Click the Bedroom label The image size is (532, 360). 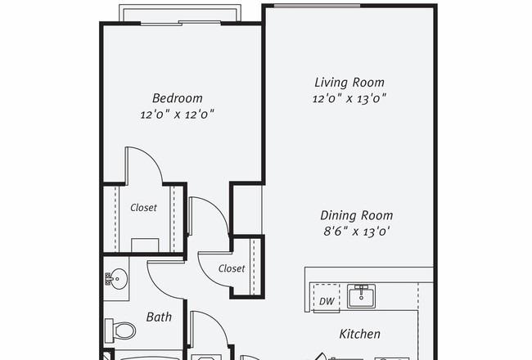tap(177, 98)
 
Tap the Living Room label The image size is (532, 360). tap(349, 83)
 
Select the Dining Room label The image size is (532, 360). tap(357, 215)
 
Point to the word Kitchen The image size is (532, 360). tap(359, 334)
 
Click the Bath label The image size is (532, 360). tap(159, 317)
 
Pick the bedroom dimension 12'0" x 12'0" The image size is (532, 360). tap(178, 115)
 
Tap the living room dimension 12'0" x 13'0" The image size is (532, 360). tap(349, 98)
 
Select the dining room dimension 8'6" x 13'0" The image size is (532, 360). tap(356, 232)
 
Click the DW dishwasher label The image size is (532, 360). tap(327, 301)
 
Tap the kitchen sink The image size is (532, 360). tap(361, 296)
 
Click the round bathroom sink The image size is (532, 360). tap(117, 279)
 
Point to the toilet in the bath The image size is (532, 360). tap(119, 331)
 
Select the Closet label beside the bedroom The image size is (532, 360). tap(143, 207)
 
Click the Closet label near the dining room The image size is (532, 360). tap(232, 268)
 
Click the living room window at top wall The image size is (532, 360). tap(317, 6)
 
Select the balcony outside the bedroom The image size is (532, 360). tap(180, 14)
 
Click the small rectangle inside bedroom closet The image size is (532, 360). tap(145, 245)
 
